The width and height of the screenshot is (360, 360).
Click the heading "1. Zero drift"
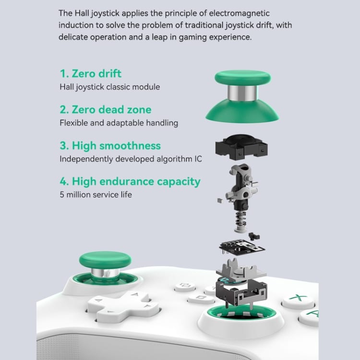click(90, 74)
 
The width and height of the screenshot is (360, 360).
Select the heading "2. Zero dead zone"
click(106, 109)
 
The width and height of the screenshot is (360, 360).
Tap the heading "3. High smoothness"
click(110, 146)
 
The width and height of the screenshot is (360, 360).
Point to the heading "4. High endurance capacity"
click(130, 181)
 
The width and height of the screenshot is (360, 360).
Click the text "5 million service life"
click(96, 195)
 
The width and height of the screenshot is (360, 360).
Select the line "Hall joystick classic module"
click(110, 87)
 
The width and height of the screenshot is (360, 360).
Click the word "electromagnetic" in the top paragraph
click(239, 13)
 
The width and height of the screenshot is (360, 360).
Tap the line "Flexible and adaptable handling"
click(119, 123)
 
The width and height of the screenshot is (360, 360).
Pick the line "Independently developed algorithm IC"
click(131, 159)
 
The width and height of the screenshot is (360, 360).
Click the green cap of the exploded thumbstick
click(243, 77)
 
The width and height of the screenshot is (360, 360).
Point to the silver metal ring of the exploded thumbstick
click(242, 93)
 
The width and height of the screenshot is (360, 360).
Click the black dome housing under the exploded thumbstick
click(241, 147)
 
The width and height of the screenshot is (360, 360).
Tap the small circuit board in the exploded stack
click(242, 247)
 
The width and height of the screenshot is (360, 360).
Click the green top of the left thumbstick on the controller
click(105, 260)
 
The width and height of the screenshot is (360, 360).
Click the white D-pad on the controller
click(123, 306)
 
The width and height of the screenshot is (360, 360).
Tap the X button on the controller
click(298, 300)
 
